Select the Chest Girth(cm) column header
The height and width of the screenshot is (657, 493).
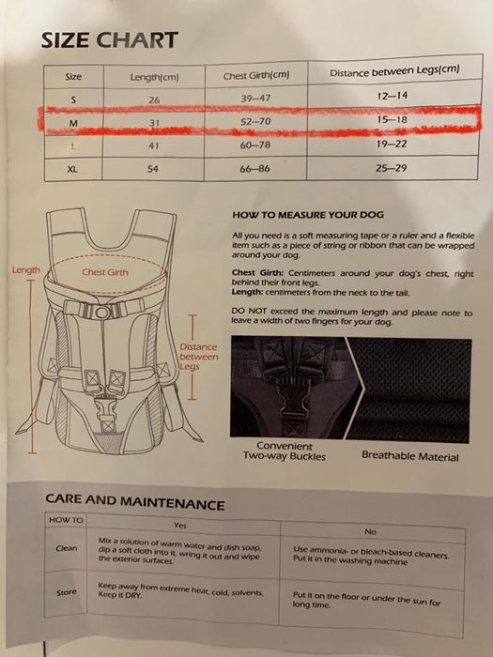[x=256, y=75]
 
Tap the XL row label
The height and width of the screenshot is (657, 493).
[x=72, y=170]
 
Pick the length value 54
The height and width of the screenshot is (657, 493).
[x=154, y=170]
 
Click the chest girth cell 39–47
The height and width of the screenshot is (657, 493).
[x=256, y=99]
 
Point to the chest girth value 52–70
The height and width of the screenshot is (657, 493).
[x=256, y=122]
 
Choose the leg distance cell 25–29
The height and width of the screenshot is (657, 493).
[x=393, y=169]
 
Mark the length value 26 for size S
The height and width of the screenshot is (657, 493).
[x=154, y=99]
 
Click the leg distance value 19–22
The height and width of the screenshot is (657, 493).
[x=393, y=145]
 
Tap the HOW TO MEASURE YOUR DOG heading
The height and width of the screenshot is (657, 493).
[x=307, y=215]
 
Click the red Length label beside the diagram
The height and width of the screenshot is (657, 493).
[x=25, y=270]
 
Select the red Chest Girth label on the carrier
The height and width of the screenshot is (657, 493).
[x=104, y=272]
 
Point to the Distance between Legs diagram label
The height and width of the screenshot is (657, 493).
[x=198, y=357]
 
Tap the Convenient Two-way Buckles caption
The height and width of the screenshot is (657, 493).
[x=285, y=451]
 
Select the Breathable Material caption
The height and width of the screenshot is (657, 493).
[x=409, y=456]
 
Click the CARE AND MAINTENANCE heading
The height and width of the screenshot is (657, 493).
[x=135, y=503]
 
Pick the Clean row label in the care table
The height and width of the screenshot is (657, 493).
[x=67, y=548]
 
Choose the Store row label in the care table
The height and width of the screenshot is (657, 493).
[x=67, y=592]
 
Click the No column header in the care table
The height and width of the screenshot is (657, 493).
[x=370, y=531]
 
